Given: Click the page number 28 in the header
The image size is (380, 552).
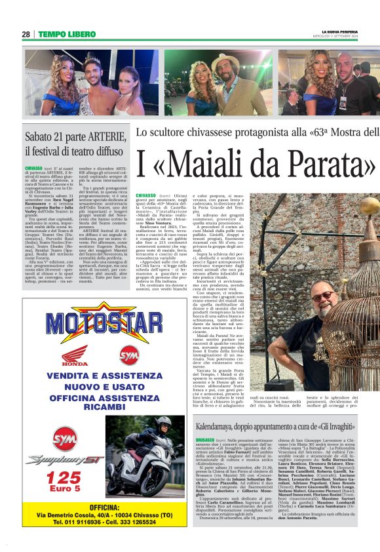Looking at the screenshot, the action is (25, 34).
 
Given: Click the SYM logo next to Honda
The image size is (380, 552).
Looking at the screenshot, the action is (128, 355).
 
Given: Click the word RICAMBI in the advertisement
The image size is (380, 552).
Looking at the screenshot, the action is (95, 407).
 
